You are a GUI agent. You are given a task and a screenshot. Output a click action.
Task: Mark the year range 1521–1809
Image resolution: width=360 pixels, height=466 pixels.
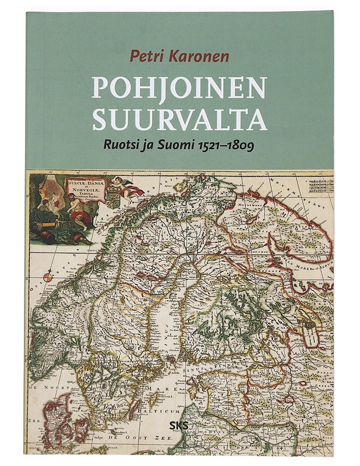pyautogui.click(x=228, y=144)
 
